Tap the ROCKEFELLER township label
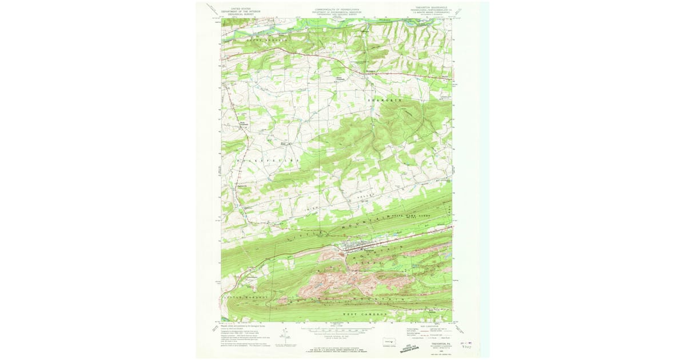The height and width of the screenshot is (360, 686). click(267, 162)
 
